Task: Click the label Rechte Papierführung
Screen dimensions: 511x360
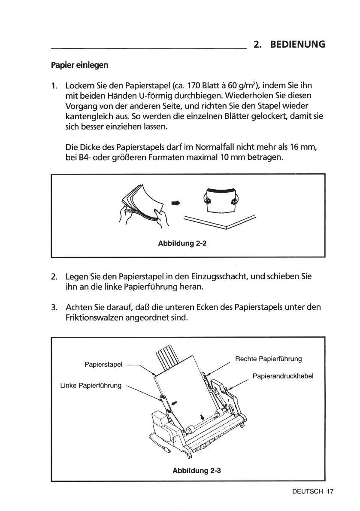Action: tap(269, 359)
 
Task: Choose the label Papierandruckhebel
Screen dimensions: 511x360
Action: tap(283, 376)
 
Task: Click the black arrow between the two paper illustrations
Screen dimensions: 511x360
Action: tap(175, 203)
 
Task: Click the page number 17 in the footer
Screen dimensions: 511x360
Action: tap(330, 492)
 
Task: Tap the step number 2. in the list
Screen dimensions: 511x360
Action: tap(54, 277)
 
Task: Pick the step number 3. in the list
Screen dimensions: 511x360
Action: tap(54, 308)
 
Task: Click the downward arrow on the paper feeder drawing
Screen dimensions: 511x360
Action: tap(201, 417)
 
